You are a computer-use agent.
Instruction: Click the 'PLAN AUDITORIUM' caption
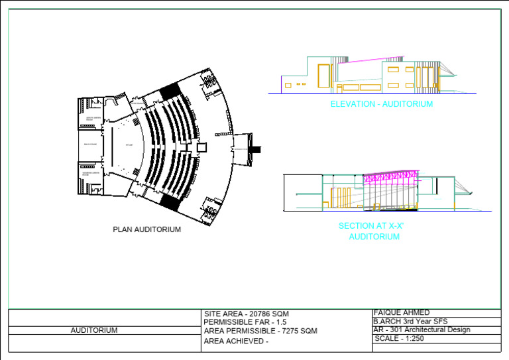click(146, 230)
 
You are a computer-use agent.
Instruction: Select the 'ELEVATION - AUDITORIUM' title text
click(381, 104)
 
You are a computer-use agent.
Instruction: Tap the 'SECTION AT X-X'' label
click(371, 226)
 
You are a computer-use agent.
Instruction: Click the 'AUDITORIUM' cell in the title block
click(94, 330)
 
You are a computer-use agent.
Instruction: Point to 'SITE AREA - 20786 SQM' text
click(247, 314)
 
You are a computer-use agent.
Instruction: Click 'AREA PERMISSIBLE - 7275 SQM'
click(260, 331)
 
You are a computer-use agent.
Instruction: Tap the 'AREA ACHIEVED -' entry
click(237, 341)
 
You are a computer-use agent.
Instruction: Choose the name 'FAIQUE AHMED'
click(402, 313)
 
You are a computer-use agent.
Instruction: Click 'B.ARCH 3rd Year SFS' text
click(410, 322)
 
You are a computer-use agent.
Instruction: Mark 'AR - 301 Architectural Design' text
click(422, 330)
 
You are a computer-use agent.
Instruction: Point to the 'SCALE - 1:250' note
click(399, 339)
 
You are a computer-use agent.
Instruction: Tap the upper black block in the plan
click(170, 91)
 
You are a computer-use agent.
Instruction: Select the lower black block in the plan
click(171, 202)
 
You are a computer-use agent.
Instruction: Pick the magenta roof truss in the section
click(391, 178)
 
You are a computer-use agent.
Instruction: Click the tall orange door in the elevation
click(323, 75)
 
